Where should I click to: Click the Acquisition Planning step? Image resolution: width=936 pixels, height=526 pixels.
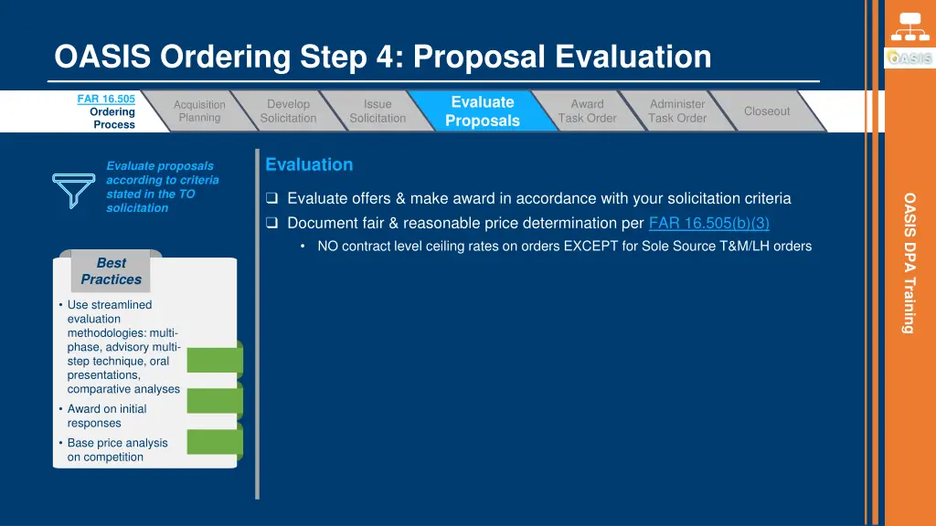199,111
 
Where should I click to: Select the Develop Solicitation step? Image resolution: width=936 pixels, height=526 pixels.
288,111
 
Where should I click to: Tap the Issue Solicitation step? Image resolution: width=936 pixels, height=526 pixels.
378,111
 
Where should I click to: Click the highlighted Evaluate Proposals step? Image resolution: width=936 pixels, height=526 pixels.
483,111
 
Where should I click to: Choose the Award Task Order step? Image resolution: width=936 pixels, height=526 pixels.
587,111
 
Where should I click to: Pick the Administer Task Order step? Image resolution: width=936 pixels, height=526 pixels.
677,111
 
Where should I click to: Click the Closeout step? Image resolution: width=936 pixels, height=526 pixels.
766,111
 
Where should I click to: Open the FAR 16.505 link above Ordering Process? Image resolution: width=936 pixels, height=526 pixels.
106,99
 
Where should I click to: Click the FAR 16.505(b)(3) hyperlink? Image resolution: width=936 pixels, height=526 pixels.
708,223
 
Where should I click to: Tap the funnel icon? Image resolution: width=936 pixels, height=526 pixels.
74,187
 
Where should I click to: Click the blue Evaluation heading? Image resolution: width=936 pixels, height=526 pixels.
309,164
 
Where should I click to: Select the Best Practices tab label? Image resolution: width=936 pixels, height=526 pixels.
111,271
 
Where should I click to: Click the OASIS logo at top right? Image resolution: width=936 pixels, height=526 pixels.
909,58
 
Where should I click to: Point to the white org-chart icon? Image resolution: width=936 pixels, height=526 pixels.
909,26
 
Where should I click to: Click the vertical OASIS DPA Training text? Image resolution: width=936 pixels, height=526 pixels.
909,262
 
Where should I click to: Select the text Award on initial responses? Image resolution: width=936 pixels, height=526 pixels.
106,416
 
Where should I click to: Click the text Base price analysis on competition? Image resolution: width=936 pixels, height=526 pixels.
117,449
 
